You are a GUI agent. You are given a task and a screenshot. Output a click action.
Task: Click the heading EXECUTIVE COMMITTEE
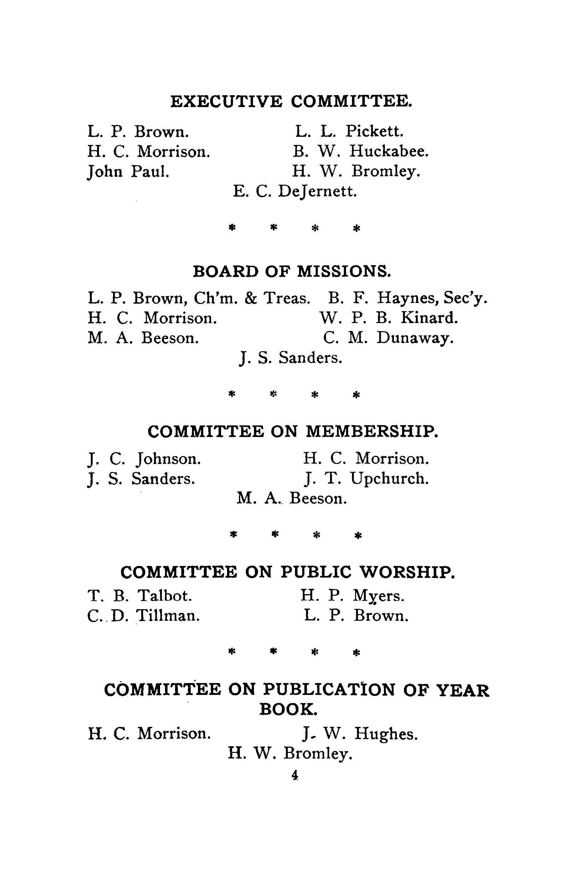291,102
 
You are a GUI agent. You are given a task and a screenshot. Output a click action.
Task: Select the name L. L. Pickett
349,131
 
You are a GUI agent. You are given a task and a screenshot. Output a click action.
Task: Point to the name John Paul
128,171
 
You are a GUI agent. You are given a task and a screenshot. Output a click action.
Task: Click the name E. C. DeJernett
295,191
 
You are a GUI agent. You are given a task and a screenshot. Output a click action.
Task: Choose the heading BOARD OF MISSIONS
292,271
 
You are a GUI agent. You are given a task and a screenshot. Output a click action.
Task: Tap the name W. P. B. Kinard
389,318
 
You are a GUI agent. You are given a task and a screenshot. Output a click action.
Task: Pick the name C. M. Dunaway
389,337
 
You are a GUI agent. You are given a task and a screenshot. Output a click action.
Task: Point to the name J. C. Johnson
144,459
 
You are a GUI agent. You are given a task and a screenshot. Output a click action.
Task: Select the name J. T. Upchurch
366,479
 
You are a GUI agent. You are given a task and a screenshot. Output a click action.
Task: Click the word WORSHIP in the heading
406,572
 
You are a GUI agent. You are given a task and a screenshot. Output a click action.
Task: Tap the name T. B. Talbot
140,596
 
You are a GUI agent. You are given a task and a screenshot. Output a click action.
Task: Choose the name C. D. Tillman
144,615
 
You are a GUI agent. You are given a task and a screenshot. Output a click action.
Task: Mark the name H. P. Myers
353,596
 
